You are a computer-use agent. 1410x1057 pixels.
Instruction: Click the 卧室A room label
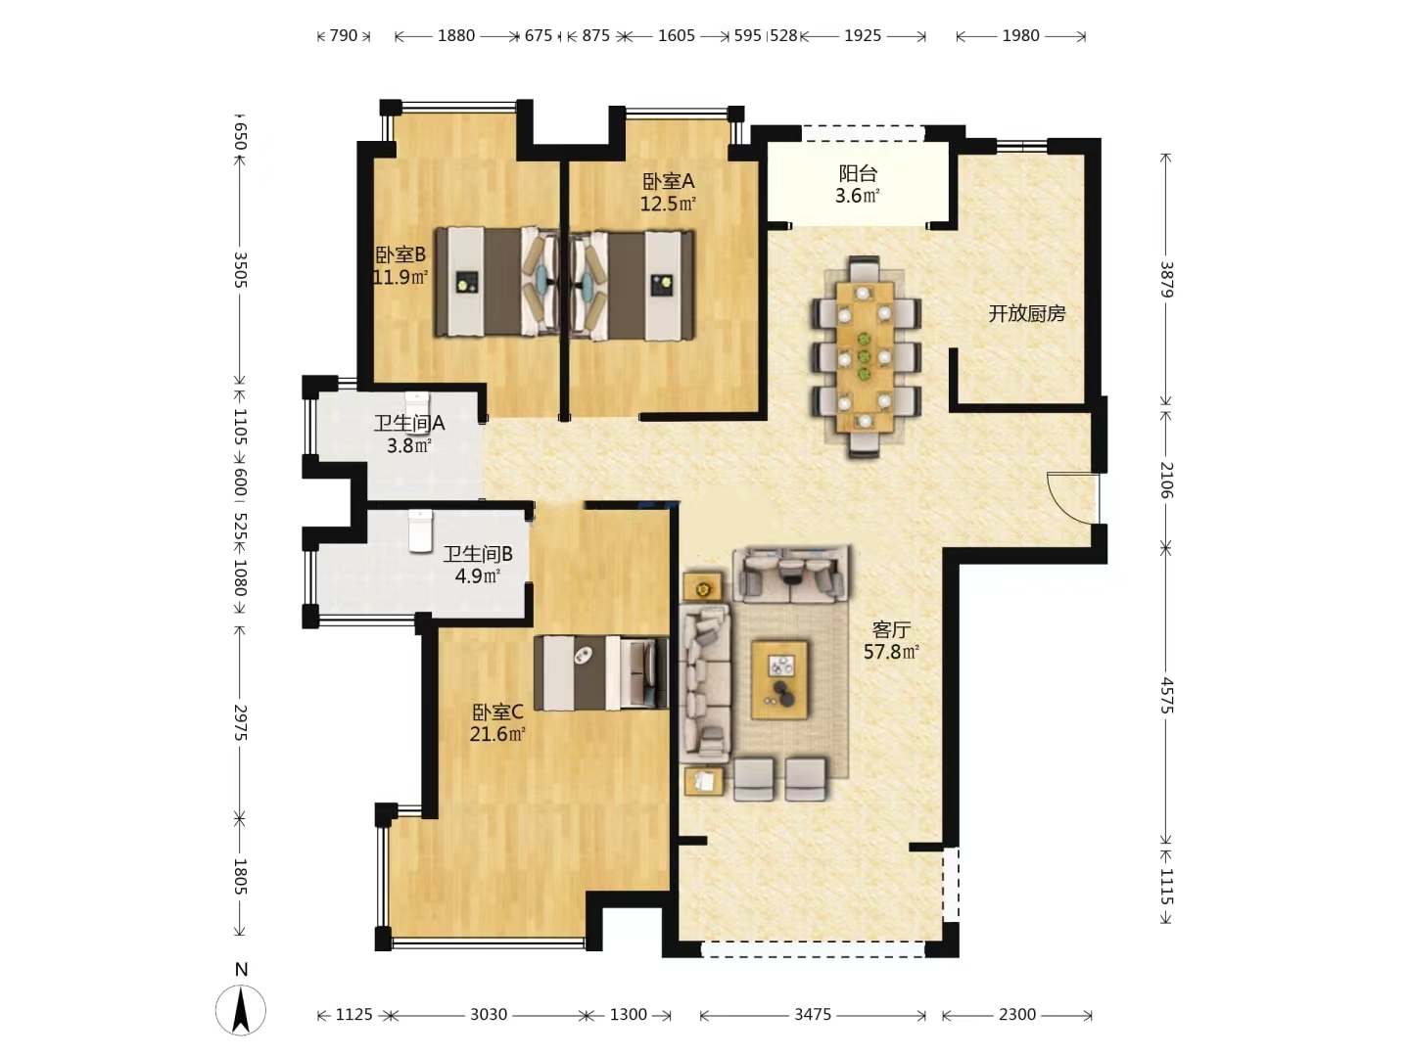coord(668,192)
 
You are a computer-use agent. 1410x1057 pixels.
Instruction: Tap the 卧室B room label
coord(400,265)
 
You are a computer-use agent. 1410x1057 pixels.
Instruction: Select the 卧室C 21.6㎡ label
coord(497,722)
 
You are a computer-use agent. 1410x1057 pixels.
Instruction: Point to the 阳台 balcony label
coord(858,184)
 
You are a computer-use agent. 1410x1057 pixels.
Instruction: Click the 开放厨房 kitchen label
coord(1026,313)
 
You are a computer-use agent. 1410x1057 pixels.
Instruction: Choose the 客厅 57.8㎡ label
coord(891,640)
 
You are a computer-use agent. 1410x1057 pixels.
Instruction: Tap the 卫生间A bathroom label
coord(409,434)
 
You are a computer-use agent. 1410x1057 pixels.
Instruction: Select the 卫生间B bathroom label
coord(478,565)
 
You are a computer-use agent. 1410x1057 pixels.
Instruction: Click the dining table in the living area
coord(864,356)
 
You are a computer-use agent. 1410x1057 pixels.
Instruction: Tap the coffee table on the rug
coord(779,679)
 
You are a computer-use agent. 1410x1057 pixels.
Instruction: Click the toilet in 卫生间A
coord(418,404)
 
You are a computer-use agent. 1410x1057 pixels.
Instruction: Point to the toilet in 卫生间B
coord(420,529)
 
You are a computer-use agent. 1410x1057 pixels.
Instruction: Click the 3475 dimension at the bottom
coord(813,1015)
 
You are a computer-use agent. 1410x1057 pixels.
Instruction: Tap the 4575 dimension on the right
coord(1166,694)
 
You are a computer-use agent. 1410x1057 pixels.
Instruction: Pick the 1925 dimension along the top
coord(863,35)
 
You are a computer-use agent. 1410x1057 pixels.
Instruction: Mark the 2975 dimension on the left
coord(240,722)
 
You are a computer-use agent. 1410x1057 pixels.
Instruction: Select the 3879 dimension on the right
coord(1166,278)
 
